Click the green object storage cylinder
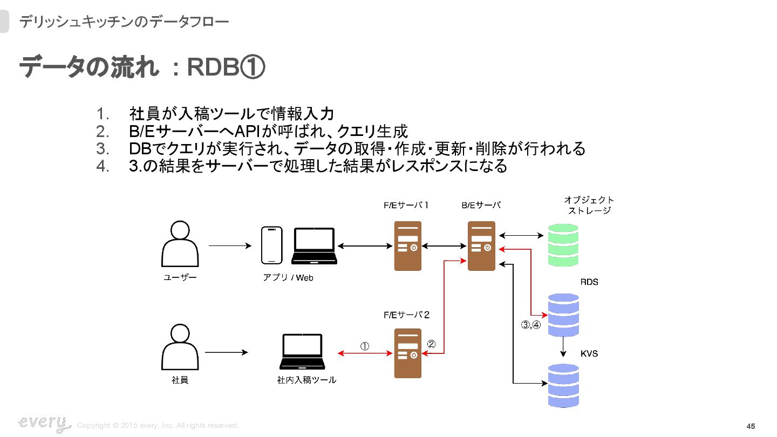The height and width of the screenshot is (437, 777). [x=563, y=245]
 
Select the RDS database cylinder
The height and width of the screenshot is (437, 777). [x=563, y=315]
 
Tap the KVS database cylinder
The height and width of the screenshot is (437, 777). [x=563, y=385]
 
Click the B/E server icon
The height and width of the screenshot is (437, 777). [x=481, y=246]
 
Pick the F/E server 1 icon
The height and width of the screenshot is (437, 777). [x=407, y=246]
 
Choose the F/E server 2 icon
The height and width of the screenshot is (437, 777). [x=407, y=353]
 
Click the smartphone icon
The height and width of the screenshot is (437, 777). [x=271, y=245]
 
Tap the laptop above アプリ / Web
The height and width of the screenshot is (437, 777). [x=314, y=246]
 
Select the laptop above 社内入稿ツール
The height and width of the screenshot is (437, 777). [x=303, y=352]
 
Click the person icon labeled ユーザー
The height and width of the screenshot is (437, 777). [x=180, y=244]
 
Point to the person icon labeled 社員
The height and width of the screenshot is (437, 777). [x=180, y=347]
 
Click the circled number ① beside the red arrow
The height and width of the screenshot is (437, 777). [x=365, y=346]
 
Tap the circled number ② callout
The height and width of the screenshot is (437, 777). [x=431, y=344]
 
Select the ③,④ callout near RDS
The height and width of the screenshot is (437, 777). [x=531, y=325]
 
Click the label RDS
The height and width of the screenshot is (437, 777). [x=589, y=282]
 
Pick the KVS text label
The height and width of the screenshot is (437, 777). [x=589, y=354]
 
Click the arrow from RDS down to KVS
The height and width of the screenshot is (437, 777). [x=563, y=347]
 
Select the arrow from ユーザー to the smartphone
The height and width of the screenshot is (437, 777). [x=230, y=246]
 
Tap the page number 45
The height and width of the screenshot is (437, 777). [x=751, y=426]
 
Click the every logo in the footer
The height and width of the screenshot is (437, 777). [x=44, y=424]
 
